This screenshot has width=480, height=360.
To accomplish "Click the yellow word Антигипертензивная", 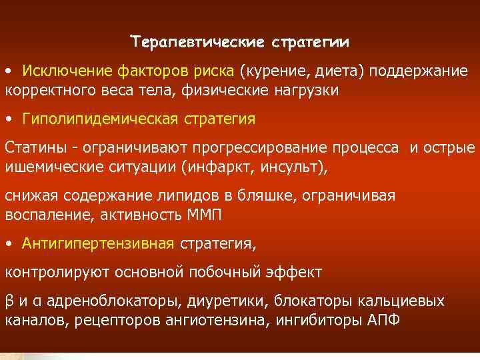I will pyautogui.click(x=97, y=244).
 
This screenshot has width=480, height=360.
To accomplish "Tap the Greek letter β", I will pyautogui.click(x=9, y=301).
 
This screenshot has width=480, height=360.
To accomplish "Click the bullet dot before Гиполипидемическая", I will pyautogui.click(x=8, y=119).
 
